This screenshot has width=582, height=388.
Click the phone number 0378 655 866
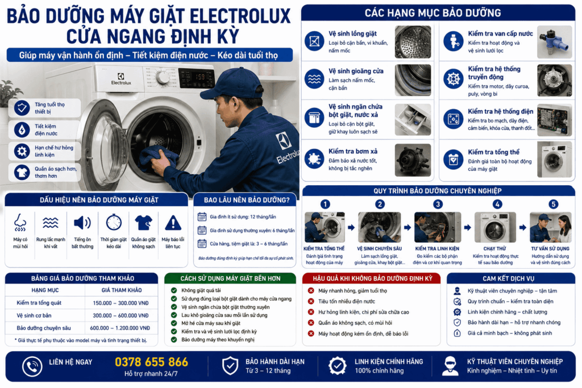pyautogui.click(x=151, y=362)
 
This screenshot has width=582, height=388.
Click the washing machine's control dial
pyautogui.click(x=162, y=77)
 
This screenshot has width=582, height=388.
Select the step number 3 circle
pyautogui.click(x=438, y=204)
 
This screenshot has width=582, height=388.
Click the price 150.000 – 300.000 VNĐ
pyautogui.click(x=120, y=303)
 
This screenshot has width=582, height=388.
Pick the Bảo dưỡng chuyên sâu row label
pyautogui.click(x=43, y=328)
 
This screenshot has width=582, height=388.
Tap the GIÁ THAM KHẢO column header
pyautogui.click(x=122, y=290)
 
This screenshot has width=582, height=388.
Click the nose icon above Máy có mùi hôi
pyautogui.click(x=20, y=223)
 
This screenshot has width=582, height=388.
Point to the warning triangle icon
pyautogui.click(x=173, y=223)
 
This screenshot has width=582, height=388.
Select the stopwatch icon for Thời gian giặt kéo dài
pyautogui.click(x=114, y=223)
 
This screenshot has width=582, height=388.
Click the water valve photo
pyautogui.click(x=555, y=42)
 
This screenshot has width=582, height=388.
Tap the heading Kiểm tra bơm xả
pyautogui.click(x=353, y=151)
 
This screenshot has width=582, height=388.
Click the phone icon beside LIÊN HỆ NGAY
pyautogui.click(x=32, y=366)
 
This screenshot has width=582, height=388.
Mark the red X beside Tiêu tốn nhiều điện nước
pyautogui.click(x=311, y=301)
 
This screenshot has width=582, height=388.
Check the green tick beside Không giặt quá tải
pyautogui.click(x=174, y=290)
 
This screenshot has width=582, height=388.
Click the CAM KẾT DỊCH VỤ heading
pyautogui.click(x=509, y=278)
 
